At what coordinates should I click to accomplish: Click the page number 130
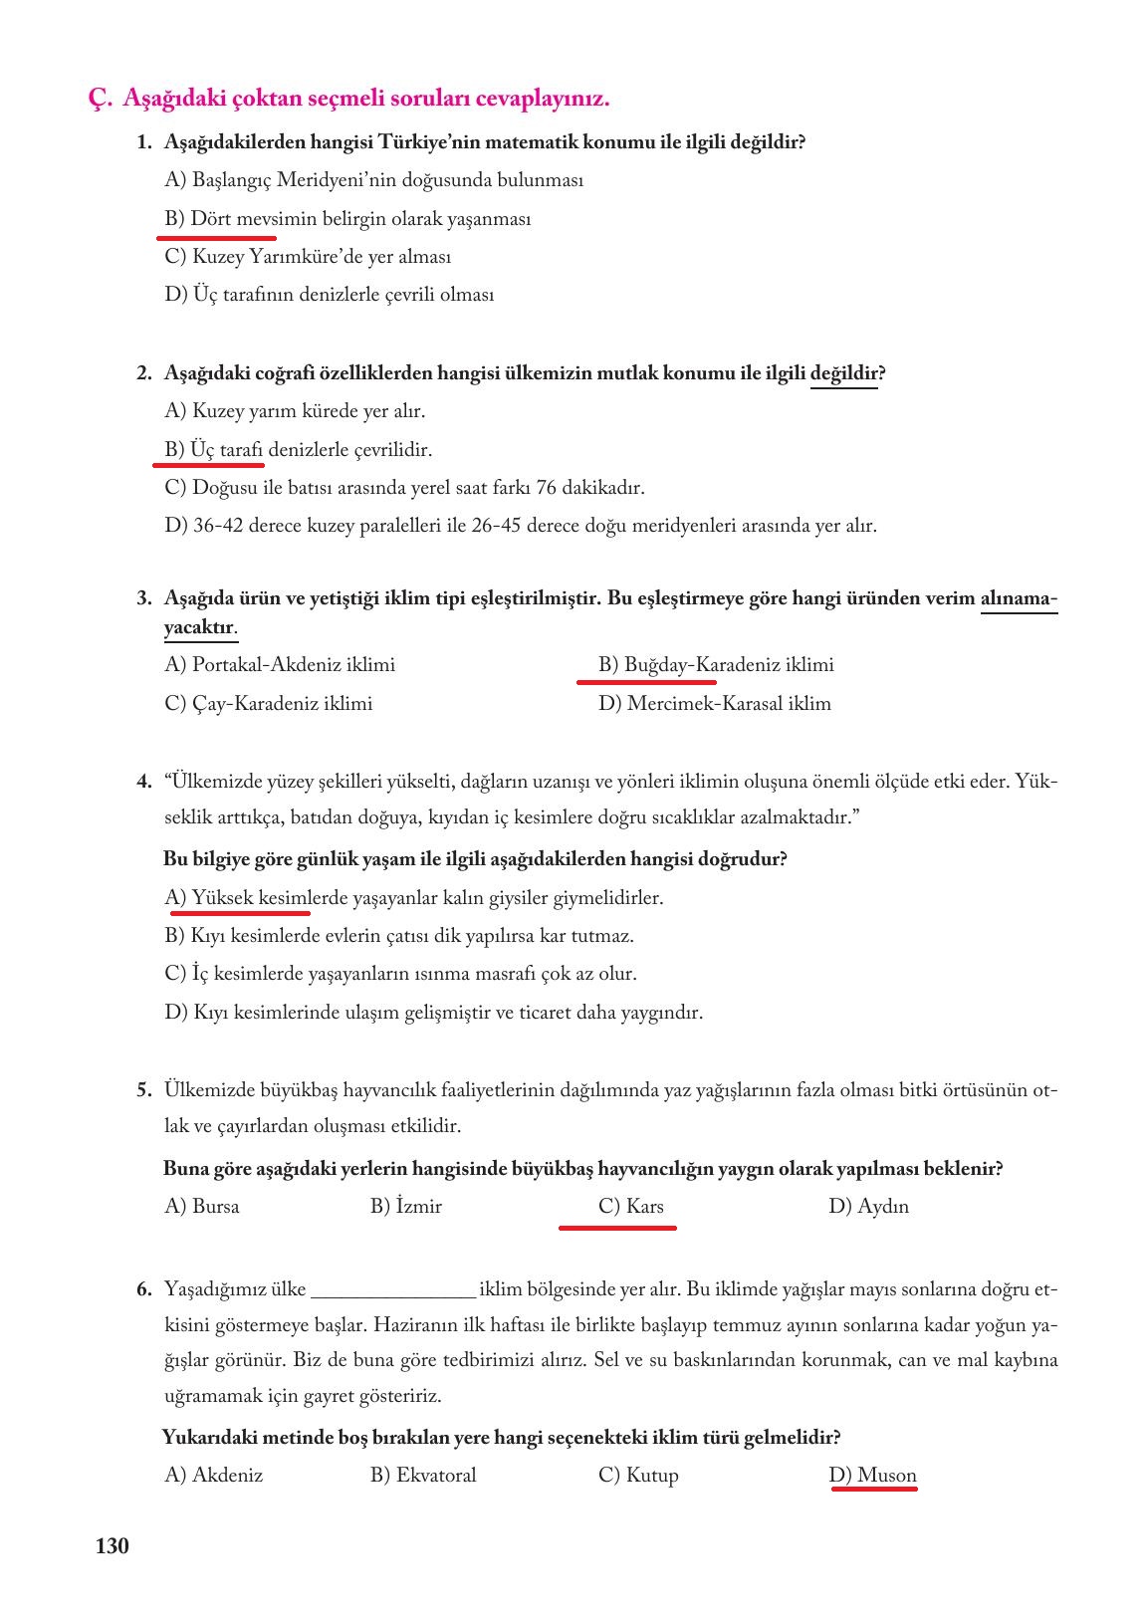pos(113,1546)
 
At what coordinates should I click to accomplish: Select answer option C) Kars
pos(631,1207)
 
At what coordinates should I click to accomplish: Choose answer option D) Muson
pos(872,1476)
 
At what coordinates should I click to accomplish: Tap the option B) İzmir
pos(406,1207)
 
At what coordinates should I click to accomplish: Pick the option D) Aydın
pos(868,1207)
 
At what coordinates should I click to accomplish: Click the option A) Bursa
pos(202,1207)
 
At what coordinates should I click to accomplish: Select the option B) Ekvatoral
pos(423,1476)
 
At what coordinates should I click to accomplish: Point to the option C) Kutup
pos(638,1476)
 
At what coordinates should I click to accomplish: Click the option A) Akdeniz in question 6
pos(214,1476)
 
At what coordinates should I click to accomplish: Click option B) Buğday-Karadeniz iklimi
pos(716,665)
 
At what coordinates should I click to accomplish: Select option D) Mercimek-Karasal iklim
pos(714,704)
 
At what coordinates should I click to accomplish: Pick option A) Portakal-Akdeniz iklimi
pos(280,665)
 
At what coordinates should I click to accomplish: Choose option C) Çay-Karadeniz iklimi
pos(269,704)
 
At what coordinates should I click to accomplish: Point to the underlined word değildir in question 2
pos(843,374)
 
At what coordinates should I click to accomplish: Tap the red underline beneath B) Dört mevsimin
pos(216,238)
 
